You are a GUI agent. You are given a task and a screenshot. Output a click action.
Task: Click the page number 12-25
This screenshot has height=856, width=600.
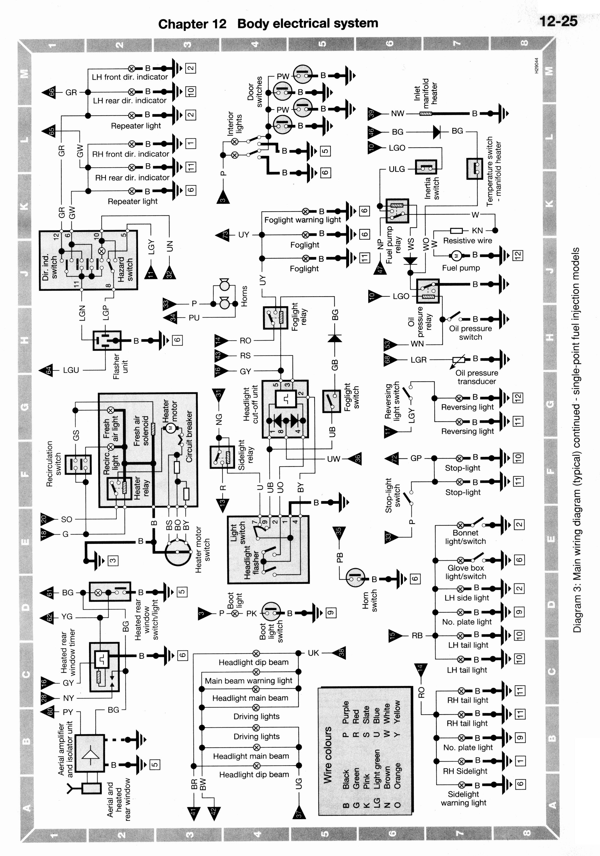pyautogui.click(x=558, y=21)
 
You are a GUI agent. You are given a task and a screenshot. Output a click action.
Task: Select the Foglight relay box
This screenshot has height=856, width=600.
pyautogui.click(x=276, y=318)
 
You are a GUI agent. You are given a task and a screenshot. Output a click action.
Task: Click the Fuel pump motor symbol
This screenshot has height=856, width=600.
pyautogui.click(x=457, y=255)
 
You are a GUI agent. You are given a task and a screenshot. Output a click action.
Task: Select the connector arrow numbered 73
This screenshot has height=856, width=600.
pyautogui.click(x=222, y=235)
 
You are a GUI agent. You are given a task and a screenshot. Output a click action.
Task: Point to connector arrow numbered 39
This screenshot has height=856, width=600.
pyautogui.click(x=375, y=113)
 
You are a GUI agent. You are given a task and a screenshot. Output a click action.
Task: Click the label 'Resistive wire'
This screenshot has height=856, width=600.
pyautogui.click(x=467, y=241)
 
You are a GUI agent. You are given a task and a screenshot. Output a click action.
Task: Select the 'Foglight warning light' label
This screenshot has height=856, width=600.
pyautogui.click(x=303, y=220)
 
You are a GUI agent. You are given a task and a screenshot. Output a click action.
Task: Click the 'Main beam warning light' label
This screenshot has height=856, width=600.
pyautogui.click(x=248, y=681)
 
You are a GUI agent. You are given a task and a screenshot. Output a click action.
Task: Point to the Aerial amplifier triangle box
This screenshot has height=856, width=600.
pyautogui.click(x=90, y=753)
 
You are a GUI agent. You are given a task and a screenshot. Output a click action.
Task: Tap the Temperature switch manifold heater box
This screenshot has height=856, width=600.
pyautogui.click(x=475, y=169)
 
